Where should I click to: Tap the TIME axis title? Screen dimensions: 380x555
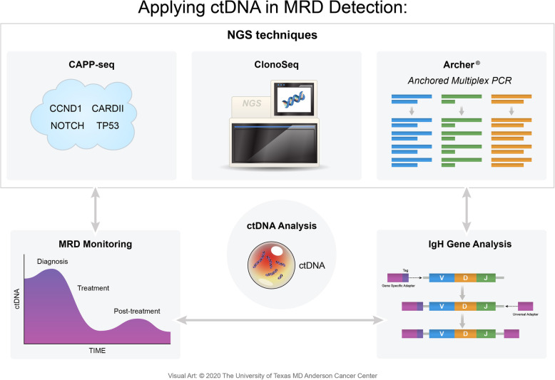click(97, 350)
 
